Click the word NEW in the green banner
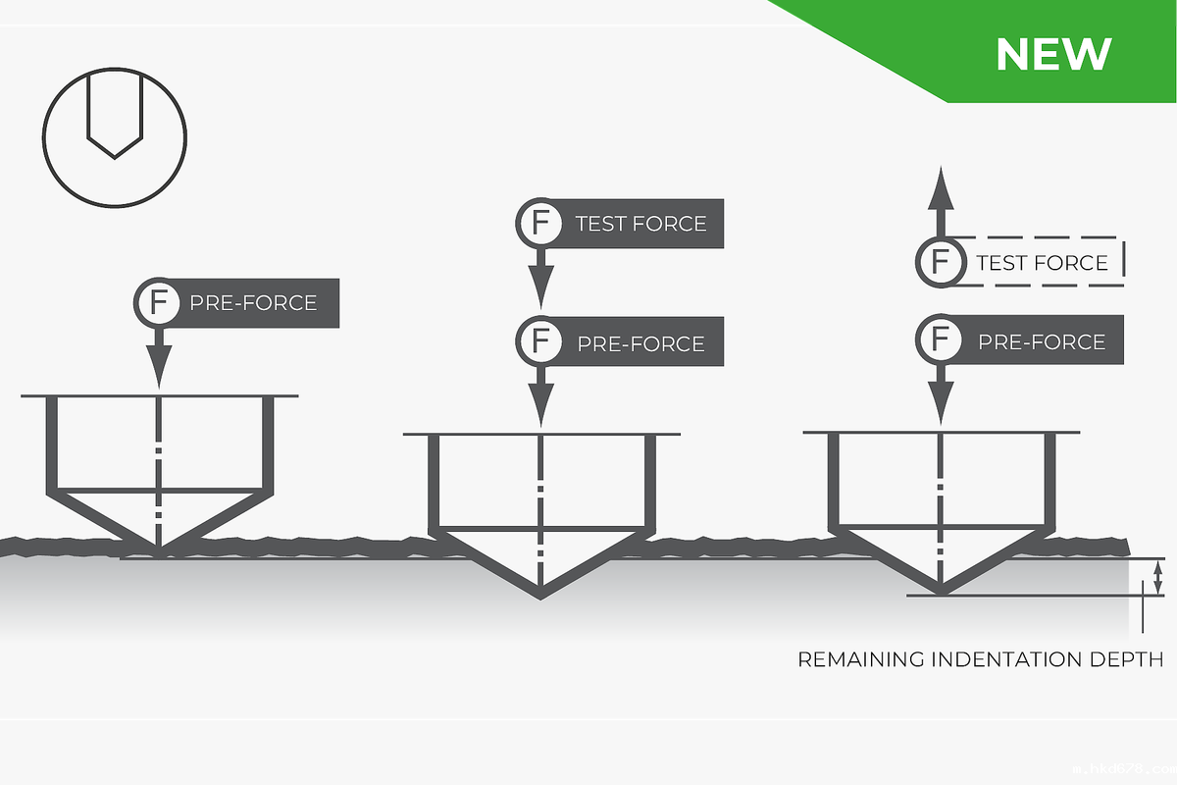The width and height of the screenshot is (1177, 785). click(1052, 54)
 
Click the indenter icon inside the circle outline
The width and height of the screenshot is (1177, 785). click(115, 116)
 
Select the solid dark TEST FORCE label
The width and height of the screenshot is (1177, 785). click(640, 224)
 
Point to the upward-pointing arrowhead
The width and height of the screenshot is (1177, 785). click(941, 185)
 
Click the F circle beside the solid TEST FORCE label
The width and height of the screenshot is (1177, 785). click(539, 223)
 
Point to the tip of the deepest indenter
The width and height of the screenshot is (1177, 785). click(540, 597)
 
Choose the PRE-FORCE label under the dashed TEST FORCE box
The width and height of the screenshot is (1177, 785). click(1041, 341)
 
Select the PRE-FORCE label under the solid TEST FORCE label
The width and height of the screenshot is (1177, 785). click(640, 343)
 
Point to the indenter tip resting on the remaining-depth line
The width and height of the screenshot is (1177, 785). click(941, 594)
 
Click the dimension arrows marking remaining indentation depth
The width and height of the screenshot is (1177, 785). click(1157, 577)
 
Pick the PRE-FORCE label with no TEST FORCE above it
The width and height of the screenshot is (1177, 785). click(253, 302)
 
